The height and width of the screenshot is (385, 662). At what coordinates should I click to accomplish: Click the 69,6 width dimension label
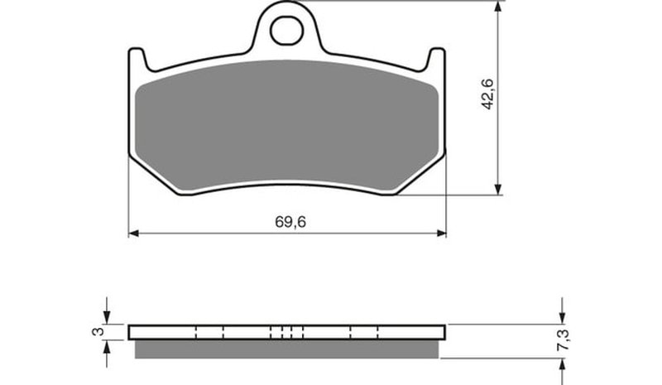coord(290,222)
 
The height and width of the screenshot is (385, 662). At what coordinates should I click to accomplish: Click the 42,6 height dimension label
coord(488,94)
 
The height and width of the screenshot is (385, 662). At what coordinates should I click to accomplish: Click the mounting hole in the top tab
coord(287,31)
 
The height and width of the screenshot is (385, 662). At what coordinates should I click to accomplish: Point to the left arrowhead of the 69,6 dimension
coord(133,233)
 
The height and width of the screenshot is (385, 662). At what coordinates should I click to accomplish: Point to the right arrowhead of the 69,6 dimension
coord(441,233)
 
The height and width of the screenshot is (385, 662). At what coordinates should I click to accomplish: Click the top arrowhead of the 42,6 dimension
coord(499,7)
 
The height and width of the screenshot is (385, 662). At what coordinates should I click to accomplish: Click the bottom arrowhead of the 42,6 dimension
coord(499,190)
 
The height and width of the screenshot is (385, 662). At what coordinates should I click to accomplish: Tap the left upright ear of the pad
coord(138,58)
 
